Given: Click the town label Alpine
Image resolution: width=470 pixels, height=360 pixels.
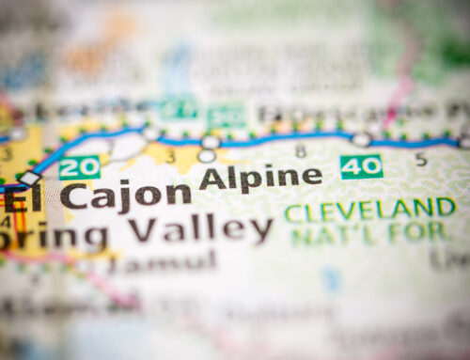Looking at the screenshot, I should pos(259,176).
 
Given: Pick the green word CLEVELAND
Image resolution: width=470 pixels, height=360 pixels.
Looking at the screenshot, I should pos(370,209).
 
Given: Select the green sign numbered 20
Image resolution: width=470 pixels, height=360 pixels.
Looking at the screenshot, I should pos(79,167).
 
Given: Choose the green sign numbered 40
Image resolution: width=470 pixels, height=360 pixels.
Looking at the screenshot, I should pos(361,166).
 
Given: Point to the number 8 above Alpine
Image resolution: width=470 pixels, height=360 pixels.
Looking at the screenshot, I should pos(300,150).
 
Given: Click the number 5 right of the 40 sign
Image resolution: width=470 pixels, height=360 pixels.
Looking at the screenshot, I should pos(421,159).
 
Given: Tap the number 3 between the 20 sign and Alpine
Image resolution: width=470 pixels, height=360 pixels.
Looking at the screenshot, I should pos(171,157).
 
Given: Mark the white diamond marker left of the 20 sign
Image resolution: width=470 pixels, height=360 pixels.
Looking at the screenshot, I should pos(30,178).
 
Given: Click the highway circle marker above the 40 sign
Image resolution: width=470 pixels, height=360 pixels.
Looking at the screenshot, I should pos(362,139).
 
